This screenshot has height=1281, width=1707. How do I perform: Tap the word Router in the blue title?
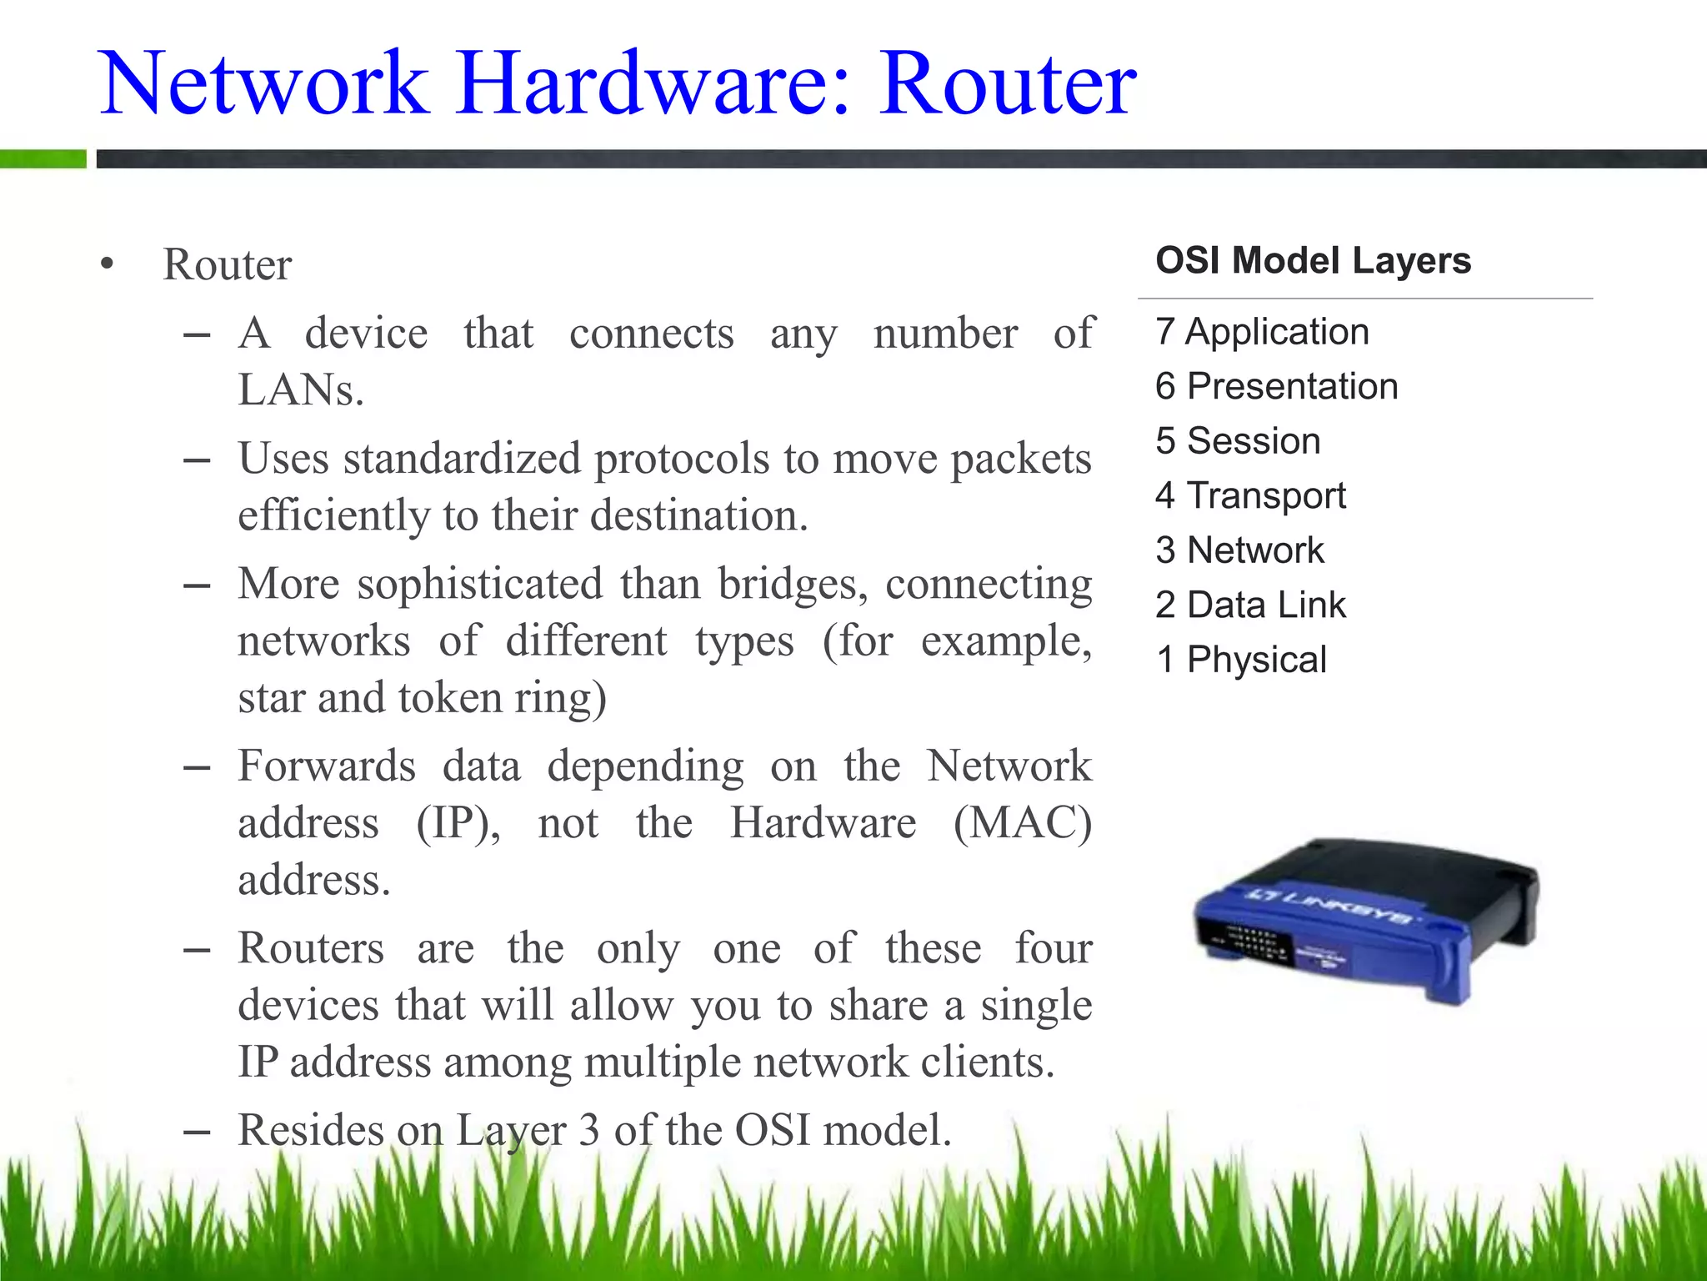[1008, 83]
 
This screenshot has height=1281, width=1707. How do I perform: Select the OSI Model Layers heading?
[1313, 260]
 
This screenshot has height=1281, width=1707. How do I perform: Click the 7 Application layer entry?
[1262, 332]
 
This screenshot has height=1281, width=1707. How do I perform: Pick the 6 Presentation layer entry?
[1276, 386]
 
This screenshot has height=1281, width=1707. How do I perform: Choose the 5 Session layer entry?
[1238, 441]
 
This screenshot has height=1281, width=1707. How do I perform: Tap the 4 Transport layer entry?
[1250, 496]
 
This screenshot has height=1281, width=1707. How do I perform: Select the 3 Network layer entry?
[1239, 550]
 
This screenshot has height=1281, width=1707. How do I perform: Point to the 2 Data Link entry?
[1250, 605]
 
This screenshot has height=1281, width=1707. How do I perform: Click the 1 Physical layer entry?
[1241, 660]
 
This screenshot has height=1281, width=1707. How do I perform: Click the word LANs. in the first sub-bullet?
[301, 389]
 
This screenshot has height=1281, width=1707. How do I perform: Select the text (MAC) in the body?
[1023, 823]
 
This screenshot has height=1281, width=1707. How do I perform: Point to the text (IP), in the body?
[458, 823]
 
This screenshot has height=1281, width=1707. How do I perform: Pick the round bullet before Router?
[106, 264]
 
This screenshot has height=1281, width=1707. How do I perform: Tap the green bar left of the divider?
[43, 158]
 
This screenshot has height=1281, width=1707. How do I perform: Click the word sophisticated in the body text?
[479, 584]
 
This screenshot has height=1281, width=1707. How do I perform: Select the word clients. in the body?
[987, 1062]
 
